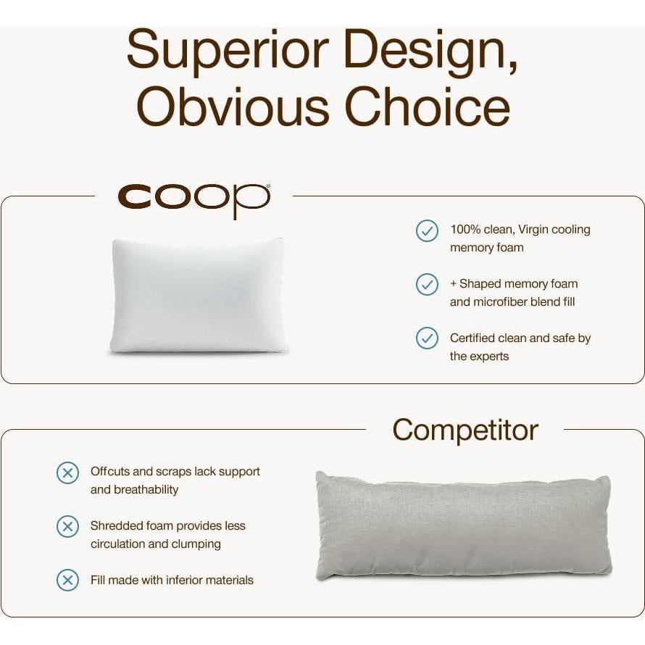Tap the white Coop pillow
click(x=197, y=296)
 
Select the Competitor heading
click(x=465, y=430)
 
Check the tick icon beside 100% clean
click(x=427, y=230)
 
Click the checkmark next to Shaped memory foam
click(x=427, y=284)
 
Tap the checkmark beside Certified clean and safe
click(x=427, y=338)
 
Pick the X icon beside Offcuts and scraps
click(x=67, y=473)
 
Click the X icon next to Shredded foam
click(x=67, y=526)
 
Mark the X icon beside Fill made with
click(x=67, y=580)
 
